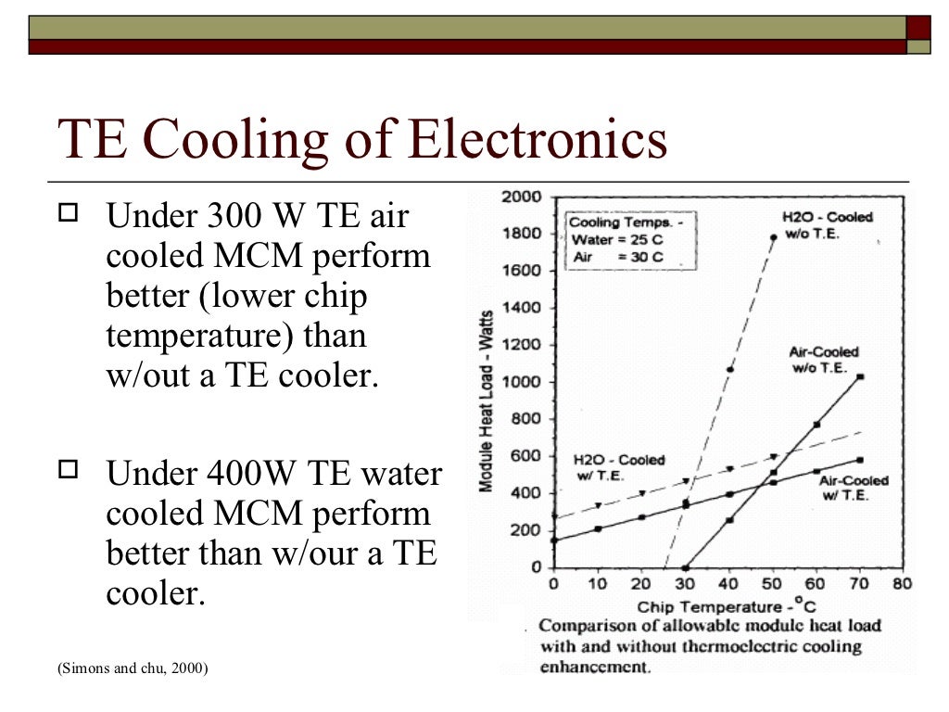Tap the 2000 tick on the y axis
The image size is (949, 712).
pos(521,197)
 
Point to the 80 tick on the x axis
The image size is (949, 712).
pos(902,584)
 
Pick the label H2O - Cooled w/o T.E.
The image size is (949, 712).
pos(827,225)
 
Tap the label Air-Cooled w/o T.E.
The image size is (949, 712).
pos(824,360)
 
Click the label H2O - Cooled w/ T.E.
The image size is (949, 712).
pos(618,467)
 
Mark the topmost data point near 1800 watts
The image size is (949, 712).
pos(773,237)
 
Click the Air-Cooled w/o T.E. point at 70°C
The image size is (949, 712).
pos(860,376)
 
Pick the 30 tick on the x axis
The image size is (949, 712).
pos(685,584)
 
